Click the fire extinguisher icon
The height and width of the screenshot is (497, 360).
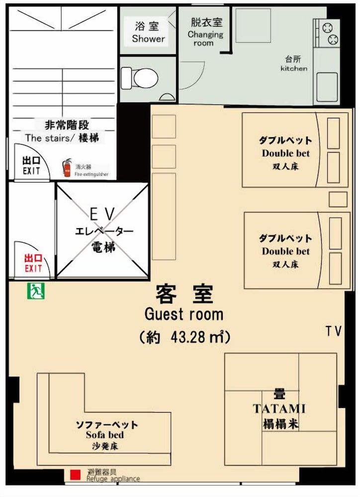pos(67,168)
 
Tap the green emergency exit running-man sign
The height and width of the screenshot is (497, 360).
pos(36,292)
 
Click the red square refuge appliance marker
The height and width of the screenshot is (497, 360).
pos(75,475)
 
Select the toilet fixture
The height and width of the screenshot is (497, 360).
pos(141,78)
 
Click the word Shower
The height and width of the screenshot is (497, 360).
pos(148,39)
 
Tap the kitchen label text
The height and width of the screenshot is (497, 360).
pos(294,69)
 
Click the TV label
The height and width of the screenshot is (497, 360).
pos(334,331)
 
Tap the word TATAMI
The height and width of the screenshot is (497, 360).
pos(279,409)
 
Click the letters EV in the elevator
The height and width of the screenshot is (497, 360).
pos(102,215)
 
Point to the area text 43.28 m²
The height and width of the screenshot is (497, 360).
pos(199,337)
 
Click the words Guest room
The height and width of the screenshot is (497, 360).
pos(183,314)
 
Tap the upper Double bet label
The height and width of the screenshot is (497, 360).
pos(285,153)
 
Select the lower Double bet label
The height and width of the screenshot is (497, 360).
pos(285,251)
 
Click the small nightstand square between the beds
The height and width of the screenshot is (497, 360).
pos(338,199)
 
